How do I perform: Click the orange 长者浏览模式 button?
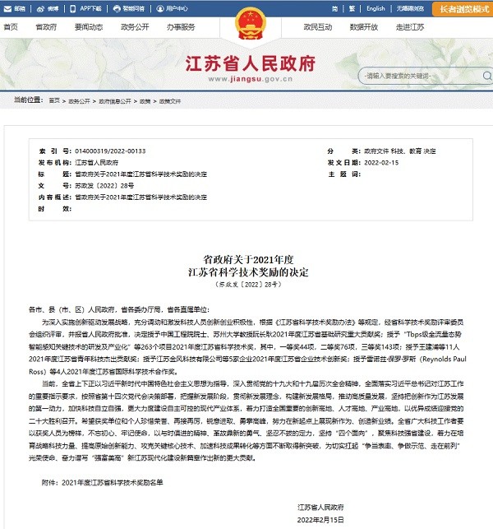coord(458,8)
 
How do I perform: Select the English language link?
coord(376,8)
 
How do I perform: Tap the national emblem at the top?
coord(246,22)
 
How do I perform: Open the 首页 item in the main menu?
coord(11,27)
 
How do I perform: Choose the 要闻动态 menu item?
coord(88,27)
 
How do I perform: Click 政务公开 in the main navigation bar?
coord(134,27)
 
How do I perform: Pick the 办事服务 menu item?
coord(181,27)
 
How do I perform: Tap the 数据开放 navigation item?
coord(362,27)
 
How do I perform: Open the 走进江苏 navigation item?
coord(409,27)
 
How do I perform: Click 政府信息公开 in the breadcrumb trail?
coord(115,100)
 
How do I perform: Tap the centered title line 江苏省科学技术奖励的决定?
coord(246,271)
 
